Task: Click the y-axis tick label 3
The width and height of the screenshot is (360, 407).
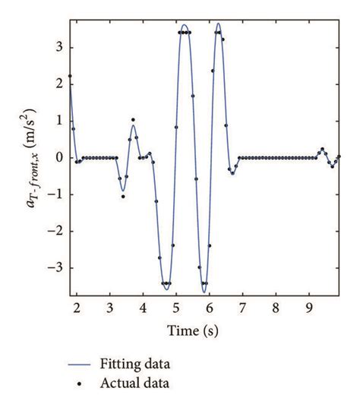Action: (x=59, y=47)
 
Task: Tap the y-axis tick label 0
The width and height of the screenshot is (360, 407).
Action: (x=59, y=158)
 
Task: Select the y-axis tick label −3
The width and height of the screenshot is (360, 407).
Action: (x=56, y=268)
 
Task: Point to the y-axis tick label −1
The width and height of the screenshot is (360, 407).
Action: (x=56, y=194)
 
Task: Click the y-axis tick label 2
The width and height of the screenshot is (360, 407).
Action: (x=59, y=84)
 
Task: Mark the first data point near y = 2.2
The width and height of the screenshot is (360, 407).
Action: (x=71, y=76)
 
